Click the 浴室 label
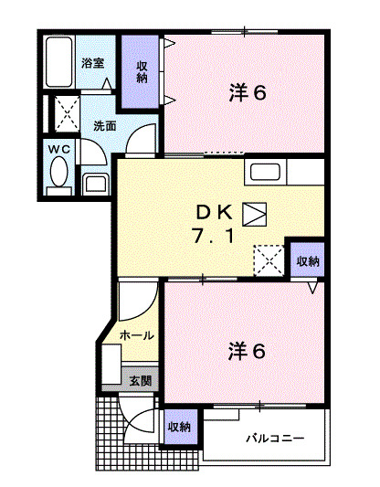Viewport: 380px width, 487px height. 91,63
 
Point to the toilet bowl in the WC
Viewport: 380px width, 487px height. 58,171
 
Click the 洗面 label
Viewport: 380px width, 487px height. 104,126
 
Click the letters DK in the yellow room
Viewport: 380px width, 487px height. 216,212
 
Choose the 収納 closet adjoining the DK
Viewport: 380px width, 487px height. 307,261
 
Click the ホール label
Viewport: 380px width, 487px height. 138,335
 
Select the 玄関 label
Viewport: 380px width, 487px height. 139,379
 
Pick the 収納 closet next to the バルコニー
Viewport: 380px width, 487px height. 179,427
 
